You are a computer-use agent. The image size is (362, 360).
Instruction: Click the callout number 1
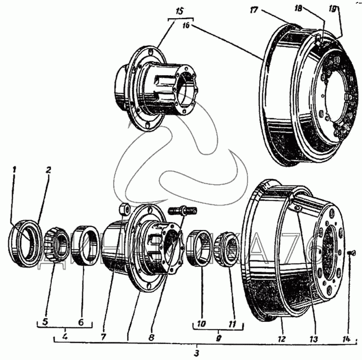pyautogui.click(x=15, y=169)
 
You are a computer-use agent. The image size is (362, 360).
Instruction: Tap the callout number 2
pyautogui.click(x=48, y=169)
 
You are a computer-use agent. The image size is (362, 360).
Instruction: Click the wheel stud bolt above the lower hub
pyautogui.click(x=184, y=211)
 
